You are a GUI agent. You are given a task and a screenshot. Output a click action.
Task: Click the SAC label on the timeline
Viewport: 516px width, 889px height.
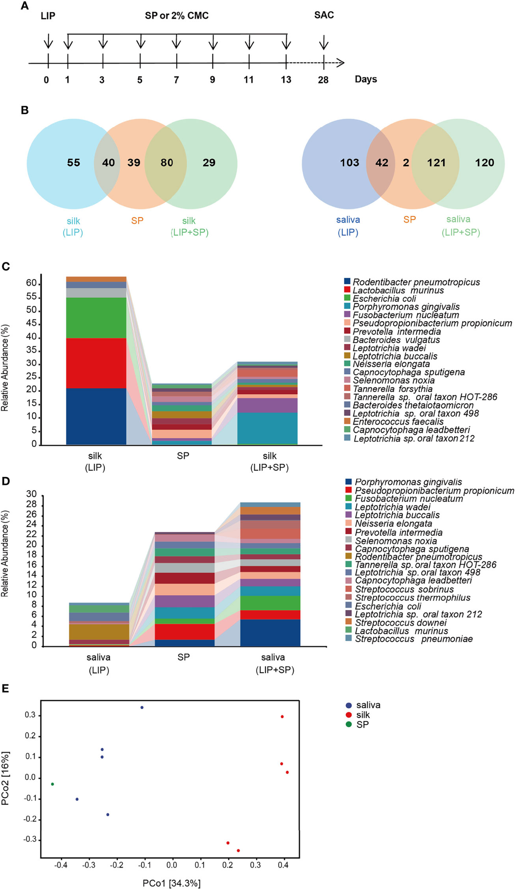[x=324, y=15]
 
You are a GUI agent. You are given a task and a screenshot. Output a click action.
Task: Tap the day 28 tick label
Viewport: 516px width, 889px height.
[x=323, y=80]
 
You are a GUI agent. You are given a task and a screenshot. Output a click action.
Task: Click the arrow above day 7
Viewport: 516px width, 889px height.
[x=176, y=43]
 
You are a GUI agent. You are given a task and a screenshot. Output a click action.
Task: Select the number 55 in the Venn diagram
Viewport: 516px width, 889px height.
[x=74, y=163]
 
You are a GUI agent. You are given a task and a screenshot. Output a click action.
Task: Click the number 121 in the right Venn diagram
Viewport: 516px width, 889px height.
[x=436, y=163]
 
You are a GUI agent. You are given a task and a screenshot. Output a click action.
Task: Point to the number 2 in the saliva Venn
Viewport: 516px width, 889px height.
[x=406, y=163]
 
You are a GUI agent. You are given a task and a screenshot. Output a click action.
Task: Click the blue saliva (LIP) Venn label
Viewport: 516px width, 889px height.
[x=348, y=226]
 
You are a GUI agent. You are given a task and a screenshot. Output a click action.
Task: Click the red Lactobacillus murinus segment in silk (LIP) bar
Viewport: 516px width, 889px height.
[x=96, y=363]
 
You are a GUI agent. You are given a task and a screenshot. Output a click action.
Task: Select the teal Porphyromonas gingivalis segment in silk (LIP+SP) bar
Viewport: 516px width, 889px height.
[x=269, y=428]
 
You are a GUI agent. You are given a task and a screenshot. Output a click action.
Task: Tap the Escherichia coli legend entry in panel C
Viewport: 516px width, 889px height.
[x=384, y=298]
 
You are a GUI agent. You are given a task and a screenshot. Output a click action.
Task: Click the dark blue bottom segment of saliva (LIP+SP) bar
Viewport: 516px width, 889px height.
[x=270, y=632]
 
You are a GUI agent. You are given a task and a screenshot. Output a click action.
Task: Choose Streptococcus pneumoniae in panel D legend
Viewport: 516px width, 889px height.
[x=413, y=639]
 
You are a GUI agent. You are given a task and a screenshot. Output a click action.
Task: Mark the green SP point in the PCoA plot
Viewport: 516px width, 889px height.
[x=52, y=784]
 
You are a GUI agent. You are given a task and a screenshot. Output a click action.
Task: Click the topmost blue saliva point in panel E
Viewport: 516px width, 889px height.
[x=142, y=708]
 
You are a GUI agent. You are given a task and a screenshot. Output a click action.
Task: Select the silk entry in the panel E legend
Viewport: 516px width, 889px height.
[x=362, y=715]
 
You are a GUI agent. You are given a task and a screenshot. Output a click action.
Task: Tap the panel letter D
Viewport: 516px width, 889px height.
[x=6, y=481]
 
